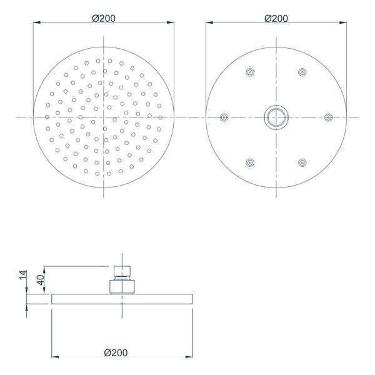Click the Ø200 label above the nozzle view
click(x=103, y=19)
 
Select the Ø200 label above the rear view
click(x=276, y=19)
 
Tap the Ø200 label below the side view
click(x=116, y=352)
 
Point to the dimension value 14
click(x=24, y=276)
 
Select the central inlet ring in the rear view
click(x=275, y=116)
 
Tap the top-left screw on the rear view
click(x=250, y=72)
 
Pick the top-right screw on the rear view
click(x=302, y=72)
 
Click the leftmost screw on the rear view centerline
click(x=224, y=116)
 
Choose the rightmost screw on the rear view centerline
click(x=328, y=116)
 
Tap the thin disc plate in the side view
click(x=121, y=299)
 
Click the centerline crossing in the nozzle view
click(x=103, y=116)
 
